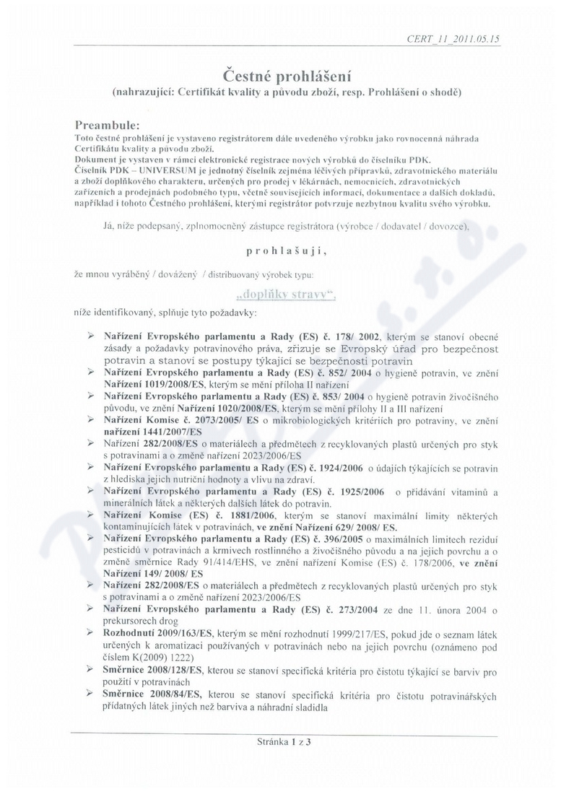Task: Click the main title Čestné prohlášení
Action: coord(279,74)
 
